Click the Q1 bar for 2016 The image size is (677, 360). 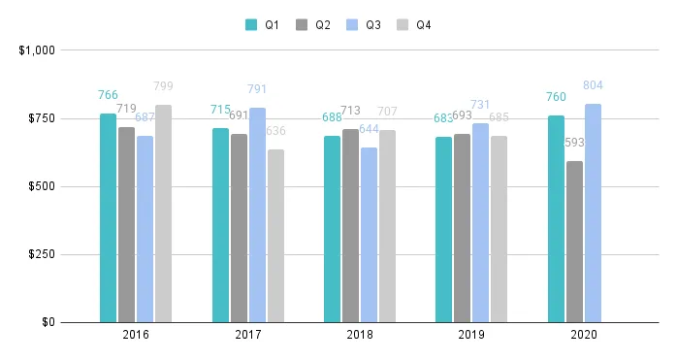[108, 217]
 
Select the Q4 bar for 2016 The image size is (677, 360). [163, 213]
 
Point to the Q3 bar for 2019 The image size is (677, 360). [480, 222]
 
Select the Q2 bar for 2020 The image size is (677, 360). [574, 242]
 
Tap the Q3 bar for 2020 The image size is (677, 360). [593, 213]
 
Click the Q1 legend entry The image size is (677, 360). [263, 24]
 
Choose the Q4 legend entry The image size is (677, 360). [414, 24]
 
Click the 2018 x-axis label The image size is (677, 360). [360, 335]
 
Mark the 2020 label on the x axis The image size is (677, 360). [584, 335]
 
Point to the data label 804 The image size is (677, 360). [593, 85]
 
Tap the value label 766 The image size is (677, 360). [108, 95]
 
